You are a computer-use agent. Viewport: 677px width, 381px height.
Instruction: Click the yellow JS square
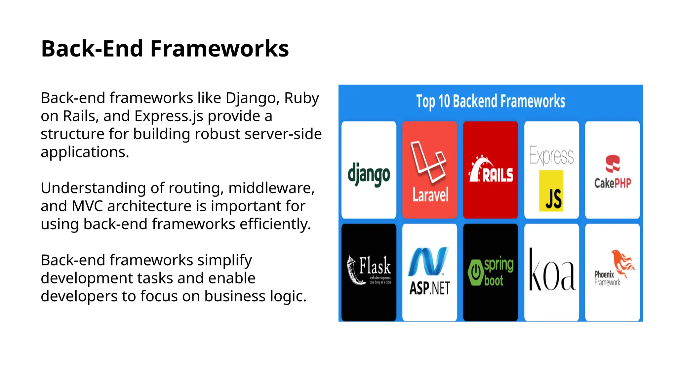(x=551, y=191)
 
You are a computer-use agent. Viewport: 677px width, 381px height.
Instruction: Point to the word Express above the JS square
(x=551, y=155)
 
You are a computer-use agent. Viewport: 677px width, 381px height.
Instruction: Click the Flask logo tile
(x=369, y=272)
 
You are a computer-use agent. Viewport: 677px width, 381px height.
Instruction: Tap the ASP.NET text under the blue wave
(x=429, y=288)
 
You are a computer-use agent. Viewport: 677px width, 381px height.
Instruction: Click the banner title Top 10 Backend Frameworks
(x=491, y=101)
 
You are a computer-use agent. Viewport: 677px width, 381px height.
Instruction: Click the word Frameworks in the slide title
(x=219, y=49)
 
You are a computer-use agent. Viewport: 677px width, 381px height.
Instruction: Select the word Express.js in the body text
(x=169, y=116)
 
